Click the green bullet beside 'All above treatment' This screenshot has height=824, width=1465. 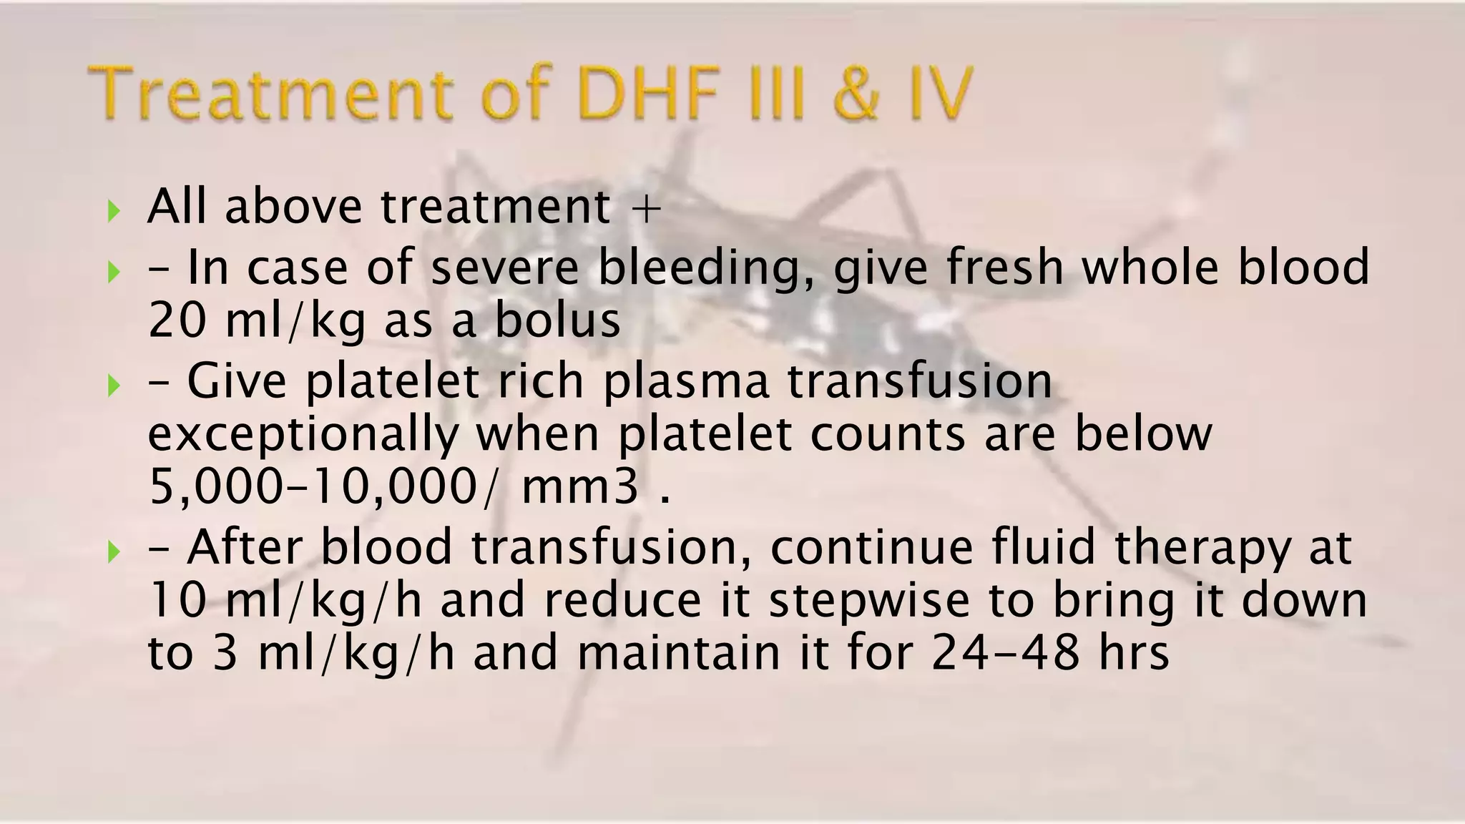click(x=113, y=211)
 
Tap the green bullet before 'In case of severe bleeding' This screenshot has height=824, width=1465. click(x=113, y=271)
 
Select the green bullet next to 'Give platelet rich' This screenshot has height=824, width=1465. click(x=113, y=386)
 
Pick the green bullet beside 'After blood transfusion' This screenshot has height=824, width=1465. click(x=113, y=551)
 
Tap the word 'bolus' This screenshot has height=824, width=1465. click(x=557, y=321)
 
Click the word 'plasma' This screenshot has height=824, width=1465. click(x=686, y=382)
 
